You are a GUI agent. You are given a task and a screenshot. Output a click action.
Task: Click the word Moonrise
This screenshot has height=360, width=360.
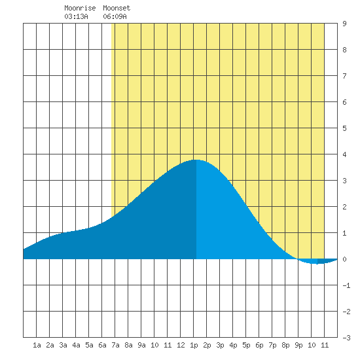80,8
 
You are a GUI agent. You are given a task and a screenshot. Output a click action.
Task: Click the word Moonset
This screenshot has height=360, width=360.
117,8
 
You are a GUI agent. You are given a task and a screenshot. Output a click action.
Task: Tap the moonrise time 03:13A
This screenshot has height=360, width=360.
76,16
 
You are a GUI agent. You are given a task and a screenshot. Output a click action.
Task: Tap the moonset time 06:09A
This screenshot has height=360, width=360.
115,16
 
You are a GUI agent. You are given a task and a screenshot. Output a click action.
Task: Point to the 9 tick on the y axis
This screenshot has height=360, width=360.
344,24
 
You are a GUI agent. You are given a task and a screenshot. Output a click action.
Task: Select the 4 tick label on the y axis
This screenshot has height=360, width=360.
344,154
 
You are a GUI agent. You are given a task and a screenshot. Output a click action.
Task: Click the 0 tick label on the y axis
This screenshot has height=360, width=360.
344,259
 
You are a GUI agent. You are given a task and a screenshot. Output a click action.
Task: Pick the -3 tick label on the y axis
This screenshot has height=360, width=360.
346,338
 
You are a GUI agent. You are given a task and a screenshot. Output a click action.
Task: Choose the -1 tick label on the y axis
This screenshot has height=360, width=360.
346,285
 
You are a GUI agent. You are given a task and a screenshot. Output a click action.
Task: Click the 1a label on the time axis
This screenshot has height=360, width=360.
37,345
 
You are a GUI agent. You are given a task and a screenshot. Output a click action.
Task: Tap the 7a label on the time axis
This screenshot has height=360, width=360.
115,345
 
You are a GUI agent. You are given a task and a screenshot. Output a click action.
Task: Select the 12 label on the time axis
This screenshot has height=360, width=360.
181,345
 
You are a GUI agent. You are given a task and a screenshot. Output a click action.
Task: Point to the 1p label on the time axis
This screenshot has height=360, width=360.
194,345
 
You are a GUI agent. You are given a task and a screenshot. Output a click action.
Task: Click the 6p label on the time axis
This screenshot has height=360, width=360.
259,345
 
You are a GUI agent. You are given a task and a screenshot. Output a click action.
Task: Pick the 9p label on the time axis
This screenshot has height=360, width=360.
298,345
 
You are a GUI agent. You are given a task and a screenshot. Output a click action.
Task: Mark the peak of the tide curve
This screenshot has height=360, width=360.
196,160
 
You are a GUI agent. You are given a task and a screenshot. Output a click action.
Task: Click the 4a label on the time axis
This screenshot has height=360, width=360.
76,345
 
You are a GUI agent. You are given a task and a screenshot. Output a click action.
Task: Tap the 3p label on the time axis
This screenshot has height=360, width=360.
220,345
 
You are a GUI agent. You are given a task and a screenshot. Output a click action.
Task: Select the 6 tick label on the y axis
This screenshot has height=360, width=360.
344,102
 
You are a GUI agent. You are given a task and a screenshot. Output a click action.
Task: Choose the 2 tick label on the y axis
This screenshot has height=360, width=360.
344,207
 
